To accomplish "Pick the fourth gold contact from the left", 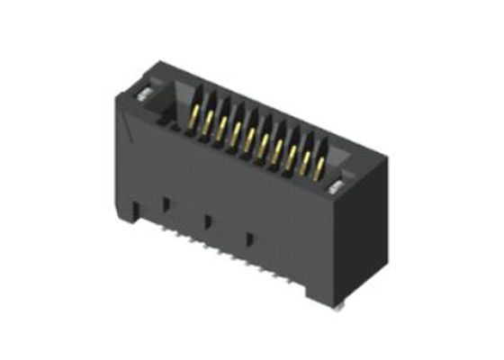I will pyautogui.click(x=235, y=134).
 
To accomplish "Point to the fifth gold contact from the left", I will pyautogui.click(x=248, y=139).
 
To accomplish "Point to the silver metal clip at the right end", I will pyautogui.click(x=337, y=187).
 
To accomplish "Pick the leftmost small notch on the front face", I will pyautogui.click(x=165, y=202).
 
